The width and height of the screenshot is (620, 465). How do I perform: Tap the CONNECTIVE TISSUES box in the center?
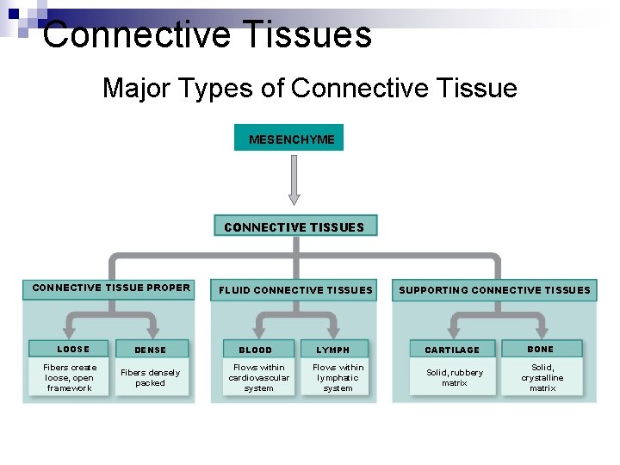point(294,226)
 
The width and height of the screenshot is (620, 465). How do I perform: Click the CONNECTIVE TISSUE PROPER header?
point(111,288)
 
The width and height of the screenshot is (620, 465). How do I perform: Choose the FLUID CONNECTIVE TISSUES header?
point(295,290)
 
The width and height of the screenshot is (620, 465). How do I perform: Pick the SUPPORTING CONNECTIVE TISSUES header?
point(494,290)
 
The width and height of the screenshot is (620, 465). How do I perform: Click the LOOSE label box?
point(73,349)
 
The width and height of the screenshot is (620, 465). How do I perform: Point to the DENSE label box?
point(150,350)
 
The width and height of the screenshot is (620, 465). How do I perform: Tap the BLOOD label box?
point(255,350)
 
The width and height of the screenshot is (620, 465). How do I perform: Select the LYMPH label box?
point(333,350)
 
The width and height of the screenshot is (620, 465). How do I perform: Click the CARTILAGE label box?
point(452,350)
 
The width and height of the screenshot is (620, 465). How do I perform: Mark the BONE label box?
point(541,349)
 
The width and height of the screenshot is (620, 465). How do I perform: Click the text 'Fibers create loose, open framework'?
point(70,378)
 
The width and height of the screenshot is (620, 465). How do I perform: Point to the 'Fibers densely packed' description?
point(150,378)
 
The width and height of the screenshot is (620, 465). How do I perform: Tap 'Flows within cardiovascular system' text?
point(258,378)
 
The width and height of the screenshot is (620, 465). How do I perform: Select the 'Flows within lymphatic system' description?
point(338,378)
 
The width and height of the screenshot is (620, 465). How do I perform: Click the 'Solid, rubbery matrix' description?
point(455,378)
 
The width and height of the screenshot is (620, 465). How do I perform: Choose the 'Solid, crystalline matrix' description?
point(542,378)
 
